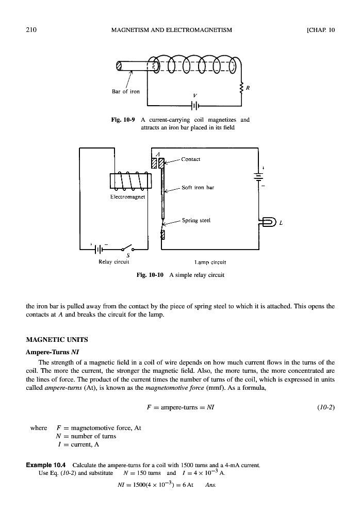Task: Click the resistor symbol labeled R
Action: click(x=241, y=88)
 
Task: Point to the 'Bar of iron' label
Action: click(x=126, y=92)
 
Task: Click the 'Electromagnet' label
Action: click(x=128, y=196)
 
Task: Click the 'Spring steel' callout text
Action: click(x=197, y=220)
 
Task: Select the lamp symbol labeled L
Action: click(x=270, y=223)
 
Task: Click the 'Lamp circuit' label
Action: click(x=209, y=262)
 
